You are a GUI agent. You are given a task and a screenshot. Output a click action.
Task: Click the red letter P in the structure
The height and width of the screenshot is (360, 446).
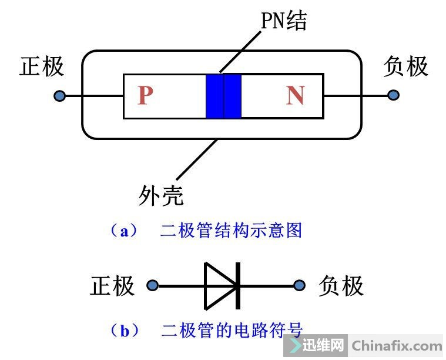point(145,96)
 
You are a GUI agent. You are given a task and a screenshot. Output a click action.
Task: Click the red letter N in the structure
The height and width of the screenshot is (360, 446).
point(295,96)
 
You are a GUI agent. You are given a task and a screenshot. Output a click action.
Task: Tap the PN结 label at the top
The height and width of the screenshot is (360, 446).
point(284,21)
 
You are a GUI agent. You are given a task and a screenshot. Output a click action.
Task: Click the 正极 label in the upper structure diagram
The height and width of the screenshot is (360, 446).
point(42,66)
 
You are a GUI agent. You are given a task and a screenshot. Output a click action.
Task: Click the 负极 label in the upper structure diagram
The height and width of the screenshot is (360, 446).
point(405,66)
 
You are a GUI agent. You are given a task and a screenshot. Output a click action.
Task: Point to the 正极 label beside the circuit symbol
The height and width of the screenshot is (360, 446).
point(112,286)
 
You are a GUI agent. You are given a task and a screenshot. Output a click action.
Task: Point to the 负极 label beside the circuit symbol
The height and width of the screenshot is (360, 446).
point(341,286)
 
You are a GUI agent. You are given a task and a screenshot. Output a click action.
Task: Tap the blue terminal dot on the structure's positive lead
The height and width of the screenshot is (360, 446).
point(59,96)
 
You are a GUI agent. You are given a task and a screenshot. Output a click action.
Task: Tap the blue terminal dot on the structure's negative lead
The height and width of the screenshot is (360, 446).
point(393,95)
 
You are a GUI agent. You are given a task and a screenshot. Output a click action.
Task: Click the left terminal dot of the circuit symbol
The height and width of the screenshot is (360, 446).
point(153,286)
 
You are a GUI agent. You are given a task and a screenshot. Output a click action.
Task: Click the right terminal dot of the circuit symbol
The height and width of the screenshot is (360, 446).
point(300,286)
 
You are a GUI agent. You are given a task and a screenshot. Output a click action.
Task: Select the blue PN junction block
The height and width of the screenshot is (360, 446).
point(223,96)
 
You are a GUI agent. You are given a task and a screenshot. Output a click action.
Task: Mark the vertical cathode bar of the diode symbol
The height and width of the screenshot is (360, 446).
point(238,286)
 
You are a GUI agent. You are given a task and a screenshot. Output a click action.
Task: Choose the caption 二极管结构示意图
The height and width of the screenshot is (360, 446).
point(231,231)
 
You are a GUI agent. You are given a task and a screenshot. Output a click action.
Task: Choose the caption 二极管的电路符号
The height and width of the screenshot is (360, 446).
point(232,331)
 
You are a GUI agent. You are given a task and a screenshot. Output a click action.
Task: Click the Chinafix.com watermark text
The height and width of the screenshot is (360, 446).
point(397,346)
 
